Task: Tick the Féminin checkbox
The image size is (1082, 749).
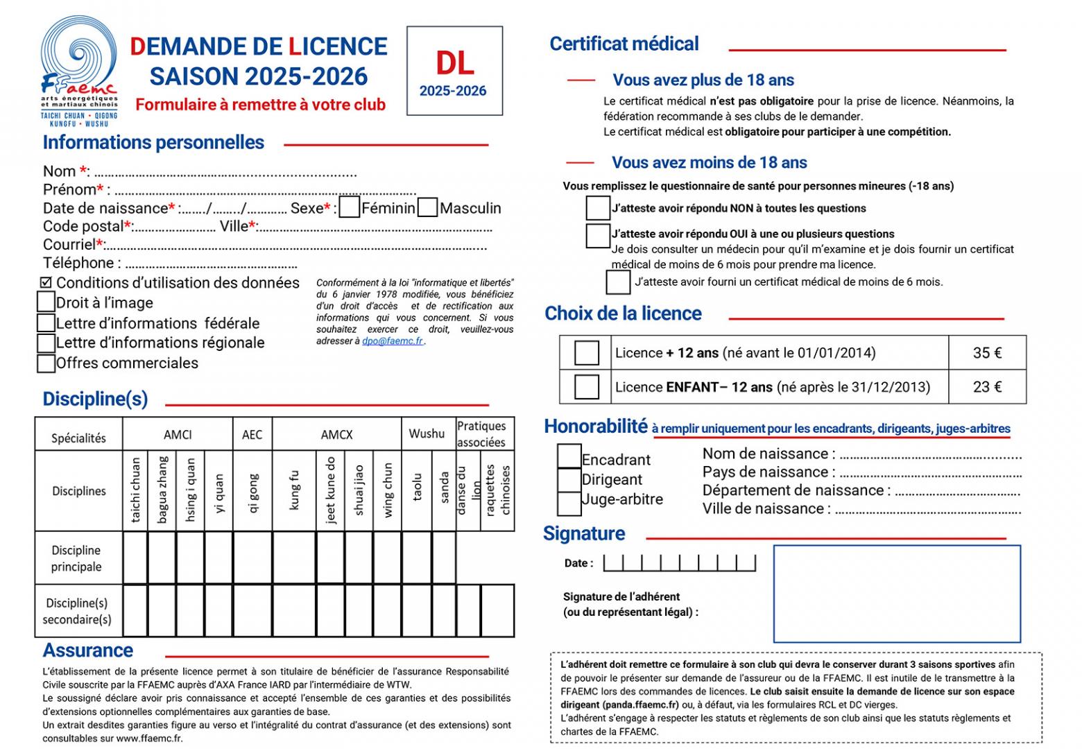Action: point(350,207)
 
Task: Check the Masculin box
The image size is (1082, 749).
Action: point(428,207)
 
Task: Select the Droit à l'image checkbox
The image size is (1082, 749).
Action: point(46,302)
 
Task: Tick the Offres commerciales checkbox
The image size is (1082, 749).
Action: point(46,363)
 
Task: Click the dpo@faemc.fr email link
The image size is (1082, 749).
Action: point(393,341)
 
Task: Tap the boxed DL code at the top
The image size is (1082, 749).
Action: point(454,70)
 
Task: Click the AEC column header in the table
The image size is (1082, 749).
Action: point(252,435)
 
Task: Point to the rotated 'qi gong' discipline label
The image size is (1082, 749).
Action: point(252,492)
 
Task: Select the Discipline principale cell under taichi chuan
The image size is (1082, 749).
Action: point(135,558)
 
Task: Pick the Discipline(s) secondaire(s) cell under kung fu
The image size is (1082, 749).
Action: point(294,610)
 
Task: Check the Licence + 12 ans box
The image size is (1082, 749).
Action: point(587,353)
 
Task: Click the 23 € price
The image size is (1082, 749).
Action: point(987,387)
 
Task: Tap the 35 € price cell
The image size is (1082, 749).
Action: point(987,353)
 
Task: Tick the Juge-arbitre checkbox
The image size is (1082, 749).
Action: point(569,503)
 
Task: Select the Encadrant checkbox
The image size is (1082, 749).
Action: point(569,456)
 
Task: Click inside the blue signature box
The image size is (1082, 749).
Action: point(897,594)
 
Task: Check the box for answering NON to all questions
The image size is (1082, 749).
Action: point(597,208)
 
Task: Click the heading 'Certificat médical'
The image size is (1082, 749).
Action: point(624,44)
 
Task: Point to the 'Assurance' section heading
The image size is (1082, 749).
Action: point(88,651)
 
